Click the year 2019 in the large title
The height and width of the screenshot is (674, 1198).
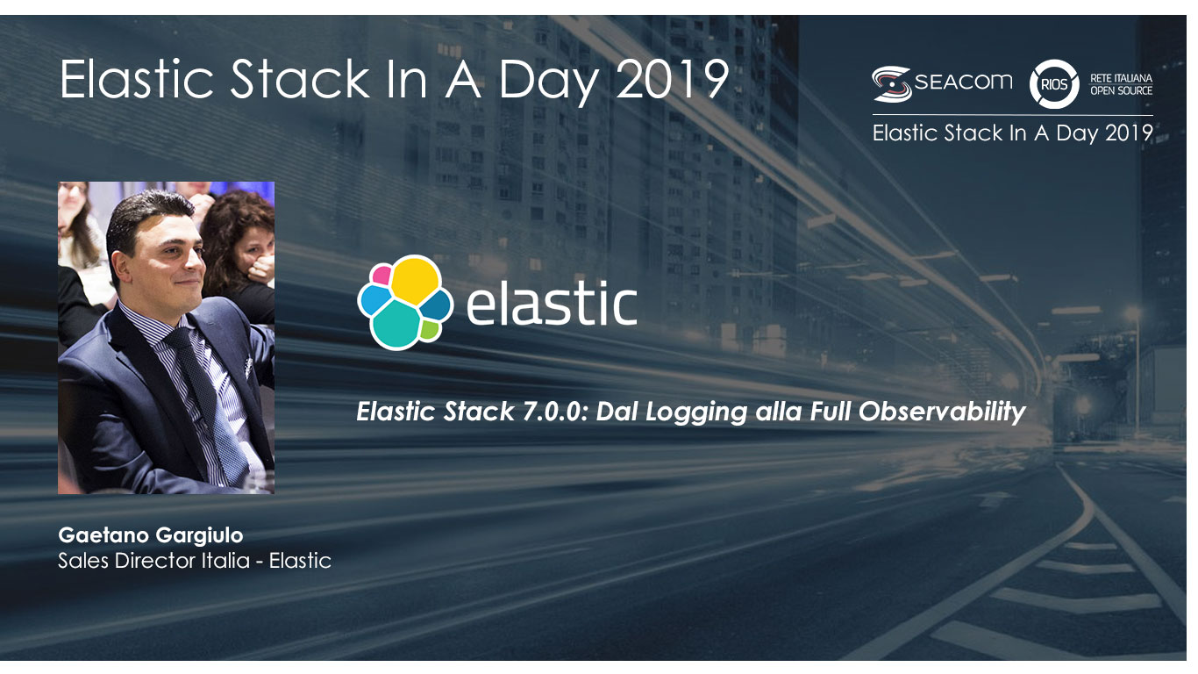point(673,79)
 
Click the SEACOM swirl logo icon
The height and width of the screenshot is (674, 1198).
point(892,84)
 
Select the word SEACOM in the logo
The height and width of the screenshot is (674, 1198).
point(964,82)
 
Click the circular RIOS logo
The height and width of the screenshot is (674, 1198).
point(1054,84)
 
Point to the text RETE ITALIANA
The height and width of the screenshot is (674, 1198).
point(1121,78)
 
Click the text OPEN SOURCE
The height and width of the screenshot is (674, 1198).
point(1121,91)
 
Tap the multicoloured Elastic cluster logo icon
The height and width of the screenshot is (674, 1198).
point(405,302)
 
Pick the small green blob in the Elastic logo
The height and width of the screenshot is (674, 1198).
point(429,330)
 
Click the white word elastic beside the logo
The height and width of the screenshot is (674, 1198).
point(552,303)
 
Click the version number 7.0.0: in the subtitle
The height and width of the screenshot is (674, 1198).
point(554,411)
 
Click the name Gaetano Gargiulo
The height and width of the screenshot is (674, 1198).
point(150,535)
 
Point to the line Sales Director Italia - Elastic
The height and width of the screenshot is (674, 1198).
point(195,561)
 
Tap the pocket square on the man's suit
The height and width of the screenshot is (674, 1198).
point(249,366)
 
